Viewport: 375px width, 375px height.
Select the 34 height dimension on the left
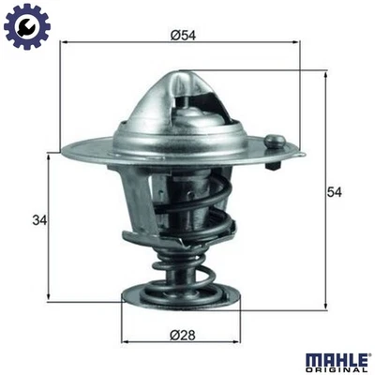point(38,221)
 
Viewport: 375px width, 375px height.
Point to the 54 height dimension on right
point(332,191)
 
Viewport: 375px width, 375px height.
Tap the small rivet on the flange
point(274,143)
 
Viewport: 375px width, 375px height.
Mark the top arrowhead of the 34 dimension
point(49,156)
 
